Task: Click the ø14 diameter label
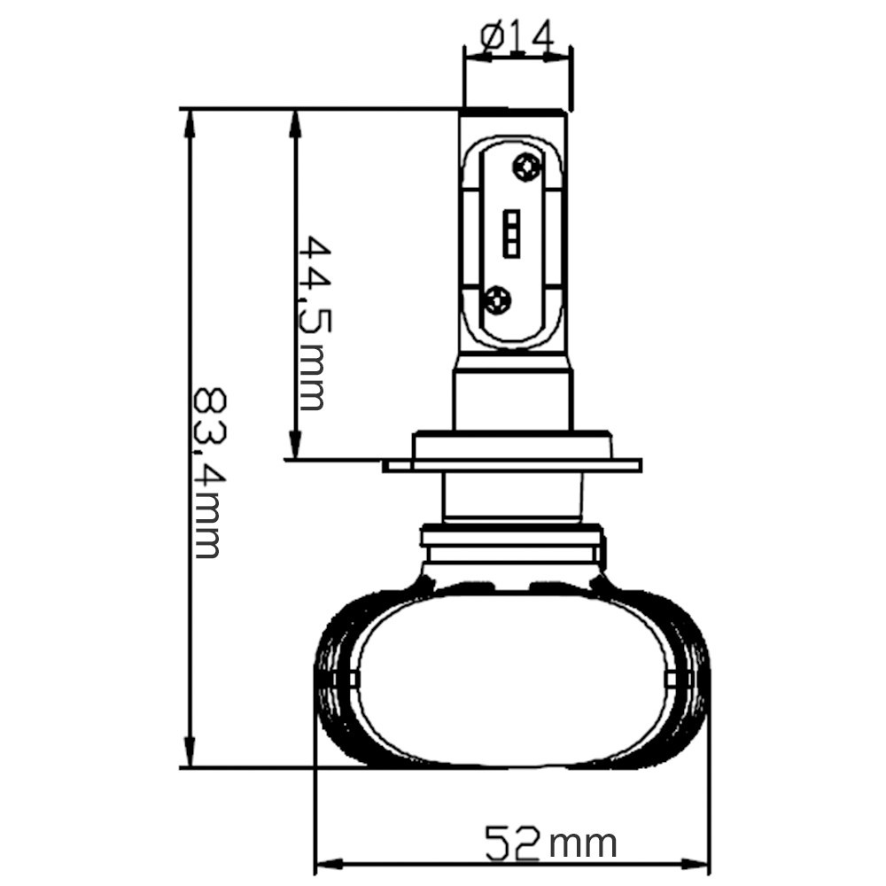point(517,36)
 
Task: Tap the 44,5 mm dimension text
point(310,323)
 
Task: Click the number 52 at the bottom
point(512,843)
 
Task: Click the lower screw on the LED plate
point(498,300)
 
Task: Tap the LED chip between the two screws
point(512,234)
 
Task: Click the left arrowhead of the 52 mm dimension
point(329,862)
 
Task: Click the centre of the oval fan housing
point(514,678)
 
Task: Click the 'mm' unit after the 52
point(582,843)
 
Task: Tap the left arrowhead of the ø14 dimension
point(475,57)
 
